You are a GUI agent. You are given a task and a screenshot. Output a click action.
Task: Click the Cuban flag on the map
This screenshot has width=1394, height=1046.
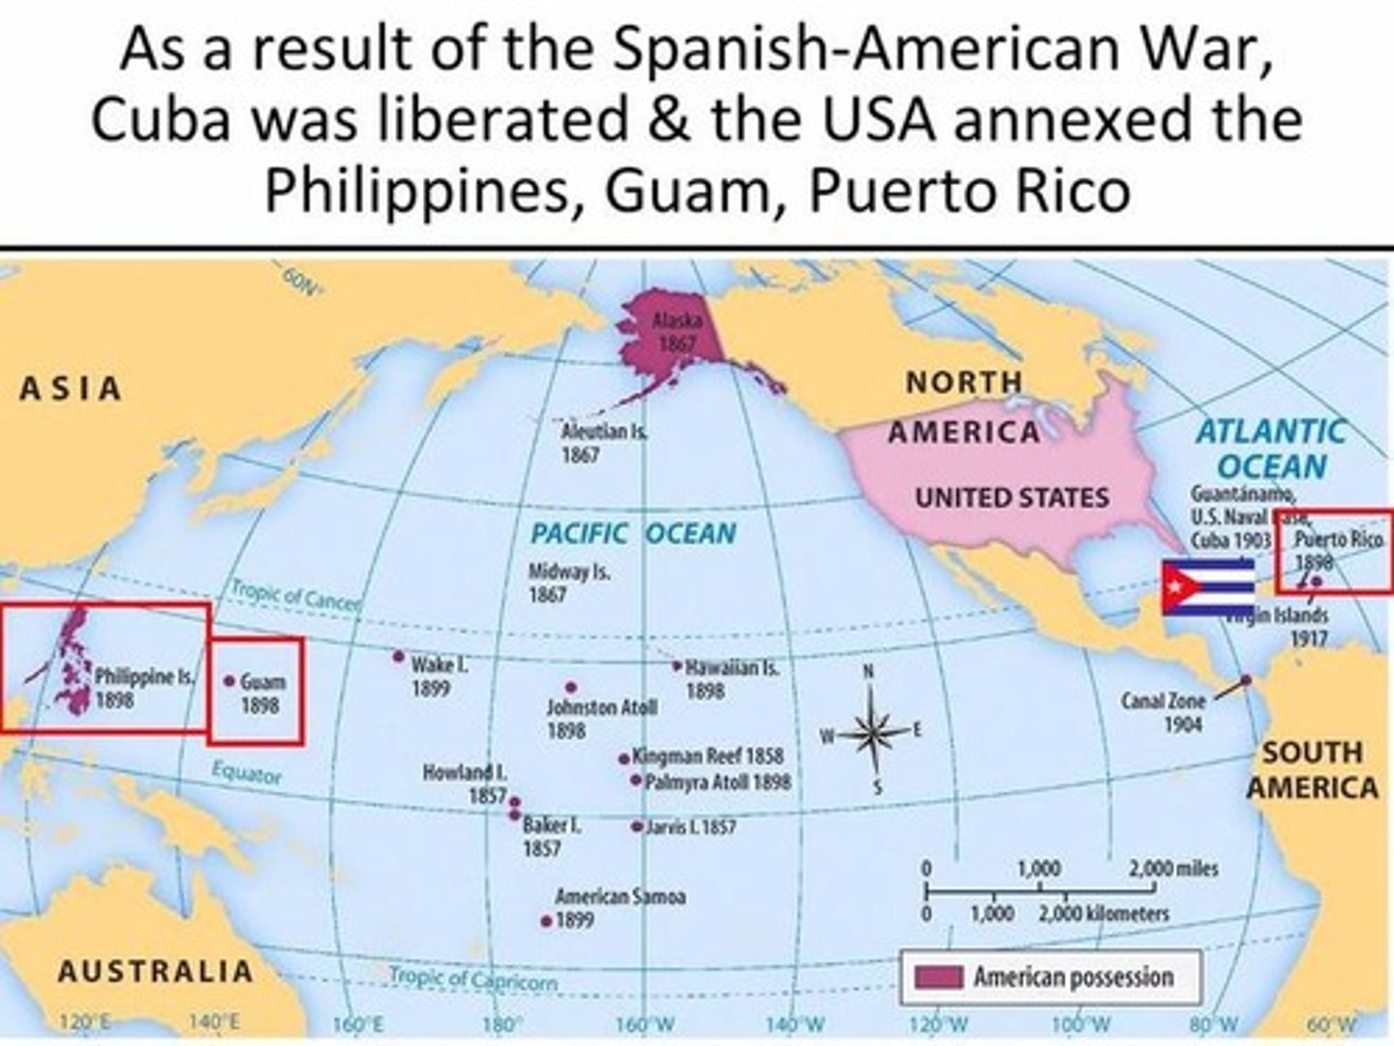(1207, 587)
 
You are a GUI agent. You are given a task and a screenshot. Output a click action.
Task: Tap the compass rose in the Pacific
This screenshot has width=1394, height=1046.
(868, 732)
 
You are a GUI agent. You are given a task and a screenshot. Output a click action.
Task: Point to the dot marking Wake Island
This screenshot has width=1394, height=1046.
(398, 657)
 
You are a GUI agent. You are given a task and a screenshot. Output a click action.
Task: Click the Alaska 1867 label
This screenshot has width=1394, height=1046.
(677, 332)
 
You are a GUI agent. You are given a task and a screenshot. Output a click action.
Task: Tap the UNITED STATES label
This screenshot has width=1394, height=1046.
(1012, 498)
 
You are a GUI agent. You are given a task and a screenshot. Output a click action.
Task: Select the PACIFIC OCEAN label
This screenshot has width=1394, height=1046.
(633, 534)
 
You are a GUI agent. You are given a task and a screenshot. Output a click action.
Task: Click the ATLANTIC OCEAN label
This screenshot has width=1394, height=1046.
(1271, 448)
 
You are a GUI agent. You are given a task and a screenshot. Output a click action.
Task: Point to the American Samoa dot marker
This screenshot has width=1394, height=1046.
(546, 921)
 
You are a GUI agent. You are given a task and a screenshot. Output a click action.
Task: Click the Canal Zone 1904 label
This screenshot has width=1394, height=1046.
(1165, 712)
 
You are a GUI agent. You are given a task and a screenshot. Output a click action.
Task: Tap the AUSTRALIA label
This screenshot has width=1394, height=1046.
(155, 971)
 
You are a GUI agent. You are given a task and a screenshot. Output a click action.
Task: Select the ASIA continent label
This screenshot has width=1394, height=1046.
(71, 388)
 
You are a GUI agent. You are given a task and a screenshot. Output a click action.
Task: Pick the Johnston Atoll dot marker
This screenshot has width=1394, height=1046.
(570, 688)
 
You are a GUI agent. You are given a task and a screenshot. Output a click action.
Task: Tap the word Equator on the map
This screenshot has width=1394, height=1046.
(247, 774)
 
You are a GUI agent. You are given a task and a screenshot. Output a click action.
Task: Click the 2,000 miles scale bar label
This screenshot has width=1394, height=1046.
(1172, 869)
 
